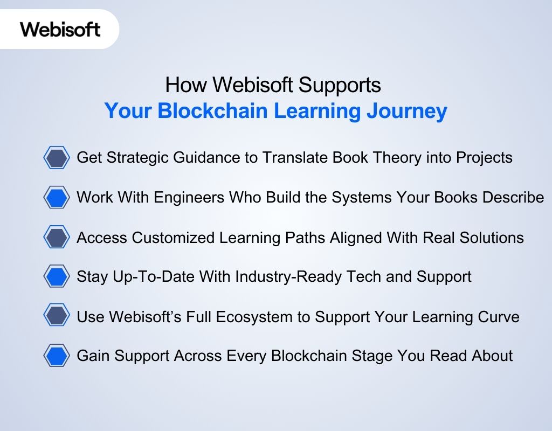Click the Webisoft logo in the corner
(60, 29)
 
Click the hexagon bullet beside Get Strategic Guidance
(56, 158)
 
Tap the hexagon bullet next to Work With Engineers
(56, 198)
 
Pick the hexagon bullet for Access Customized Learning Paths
(56, 238)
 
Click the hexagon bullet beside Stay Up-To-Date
(56, 277)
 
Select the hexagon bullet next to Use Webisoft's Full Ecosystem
(56, 316)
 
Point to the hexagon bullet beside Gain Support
(56, 356)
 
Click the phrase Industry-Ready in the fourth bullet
(274, 277)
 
